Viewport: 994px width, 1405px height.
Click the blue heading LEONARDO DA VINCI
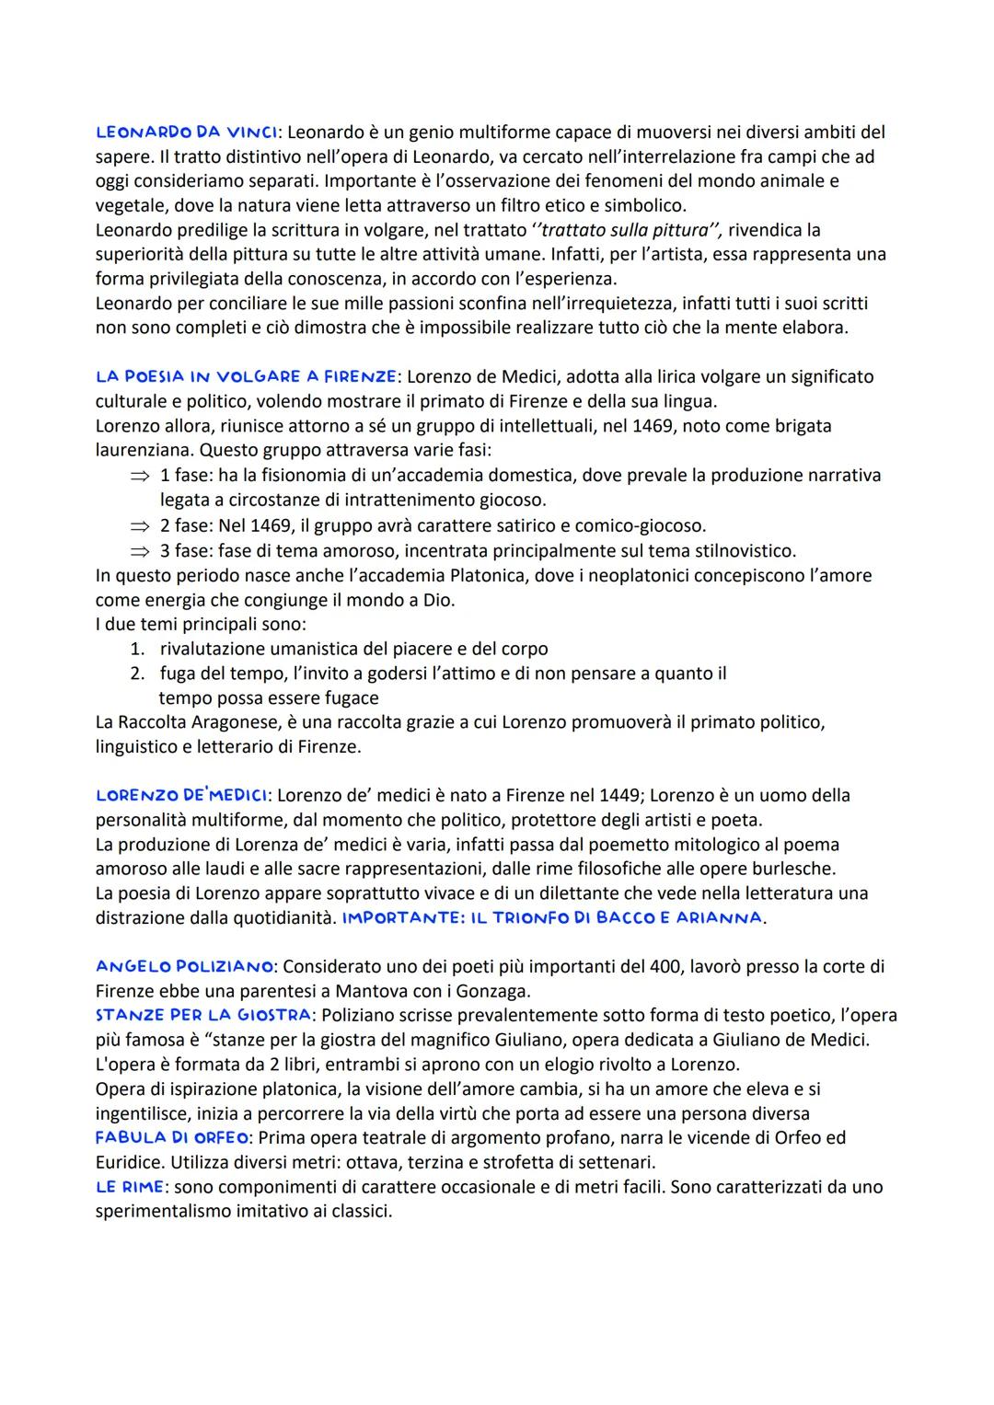[186, 132]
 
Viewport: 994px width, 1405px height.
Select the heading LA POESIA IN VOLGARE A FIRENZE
[247, 376]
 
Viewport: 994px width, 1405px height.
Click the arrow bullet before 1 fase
[138, 476]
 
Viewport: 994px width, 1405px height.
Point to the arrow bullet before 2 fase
[138, 526]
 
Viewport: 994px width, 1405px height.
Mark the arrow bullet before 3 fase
[138, 551]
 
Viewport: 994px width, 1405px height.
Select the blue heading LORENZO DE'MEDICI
[182, 795]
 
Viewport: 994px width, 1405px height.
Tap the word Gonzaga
[500, 991]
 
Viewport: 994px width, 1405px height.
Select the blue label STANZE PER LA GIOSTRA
[202, 1016]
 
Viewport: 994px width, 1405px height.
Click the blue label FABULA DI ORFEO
[172, 1138]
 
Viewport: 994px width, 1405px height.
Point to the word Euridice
[129, 1162]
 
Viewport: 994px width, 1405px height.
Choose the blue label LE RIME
[129, 1187]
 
